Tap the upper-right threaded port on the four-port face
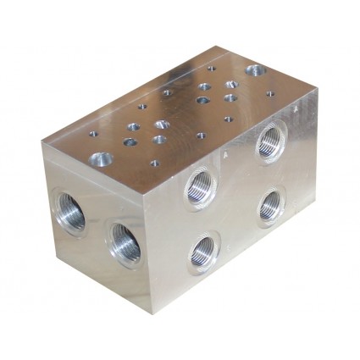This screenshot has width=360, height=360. point(271,140)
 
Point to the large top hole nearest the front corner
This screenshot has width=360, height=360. point(101,159)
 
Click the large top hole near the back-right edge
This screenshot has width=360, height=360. point(254,71)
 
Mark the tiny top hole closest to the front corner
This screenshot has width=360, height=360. point(154,163)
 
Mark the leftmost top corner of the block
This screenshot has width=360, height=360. point(41,141)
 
